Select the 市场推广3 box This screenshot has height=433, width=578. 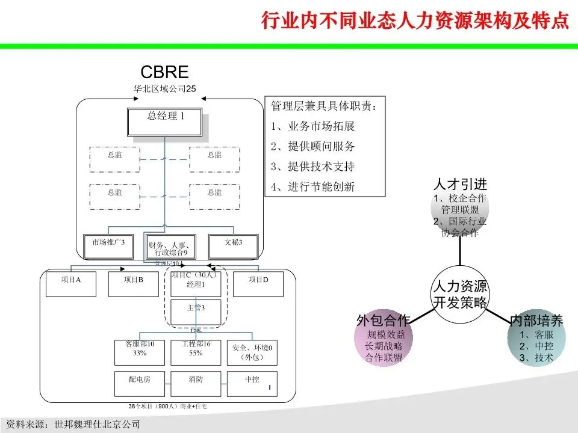click(108, 246)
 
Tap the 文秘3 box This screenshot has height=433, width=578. click(234, 246)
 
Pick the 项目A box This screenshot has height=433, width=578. click(71, 284)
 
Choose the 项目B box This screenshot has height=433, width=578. click(133, 284)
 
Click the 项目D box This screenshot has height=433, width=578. click(258, 284)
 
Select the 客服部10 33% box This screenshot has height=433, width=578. click(140, 352)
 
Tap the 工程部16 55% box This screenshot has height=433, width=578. click(196, 352)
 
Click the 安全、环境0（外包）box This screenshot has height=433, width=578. click(252, 352)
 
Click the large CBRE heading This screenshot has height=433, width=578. click(164, 73)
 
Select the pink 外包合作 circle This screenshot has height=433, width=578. click(384, 340)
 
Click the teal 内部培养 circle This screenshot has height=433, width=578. click(536, 340)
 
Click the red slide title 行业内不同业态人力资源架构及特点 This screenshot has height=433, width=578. click(414, 20)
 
